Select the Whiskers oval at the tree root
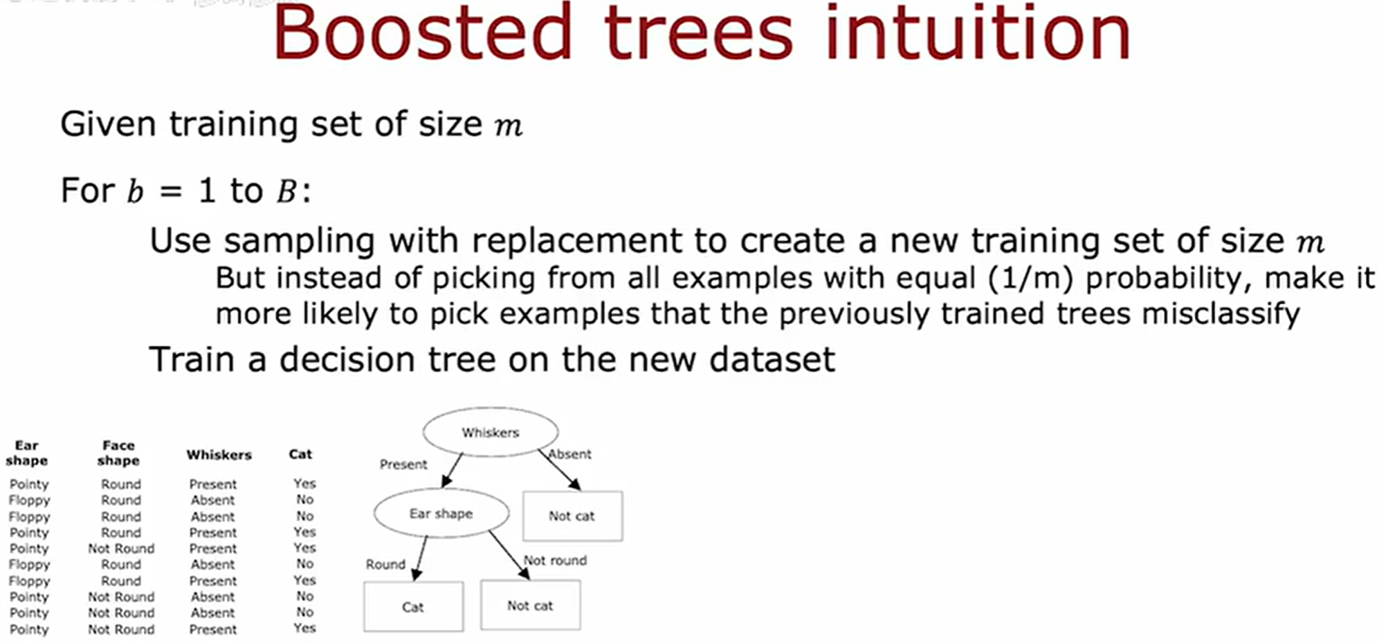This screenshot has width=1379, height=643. [x=490, y=433]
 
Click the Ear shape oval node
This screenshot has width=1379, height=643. [x=441, y=514]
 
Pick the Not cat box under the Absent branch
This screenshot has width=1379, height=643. [x=572, y=516]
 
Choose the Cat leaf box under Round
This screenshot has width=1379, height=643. [x=413, y=607]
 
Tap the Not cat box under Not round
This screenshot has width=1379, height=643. [x=530, y=606]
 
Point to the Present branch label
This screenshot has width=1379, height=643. [x=403, y=464]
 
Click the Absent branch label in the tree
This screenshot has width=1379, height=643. [x=570, y=455]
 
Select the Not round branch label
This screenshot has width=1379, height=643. [x=555, y=561]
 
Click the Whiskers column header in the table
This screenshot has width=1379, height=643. [x=219, y=455]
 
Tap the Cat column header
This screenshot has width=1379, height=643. [x=300, y=454]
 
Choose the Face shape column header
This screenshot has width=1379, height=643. [x=118, y=453]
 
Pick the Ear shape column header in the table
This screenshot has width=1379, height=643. [x=26, y=453]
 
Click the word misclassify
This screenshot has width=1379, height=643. [x=1221, y=314]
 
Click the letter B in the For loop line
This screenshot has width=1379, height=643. [x=286, y=191]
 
